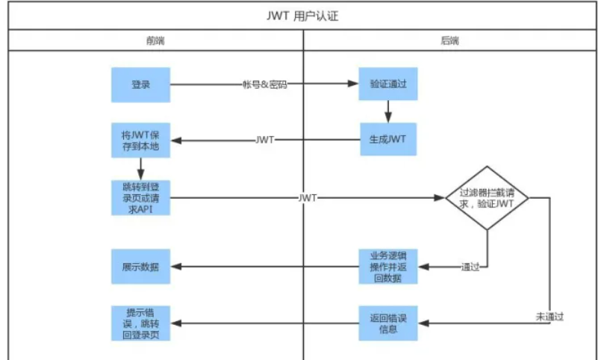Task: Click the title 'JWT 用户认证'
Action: pos(302,16)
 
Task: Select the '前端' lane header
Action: pos(155,40)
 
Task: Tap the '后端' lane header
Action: pos(450,40)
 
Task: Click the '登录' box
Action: pos(140,84)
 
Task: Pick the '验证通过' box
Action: pos(388,84)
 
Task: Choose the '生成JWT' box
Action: pos(388,139)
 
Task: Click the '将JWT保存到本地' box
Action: pos(140,140)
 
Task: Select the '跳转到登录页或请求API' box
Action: pos(140,197)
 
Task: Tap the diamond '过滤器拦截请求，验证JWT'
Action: pos(487,198)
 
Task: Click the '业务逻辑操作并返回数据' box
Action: pos(388,267)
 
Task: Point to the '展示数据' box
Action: pos(140,267)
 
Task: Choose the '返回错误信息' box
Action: pos(388,323)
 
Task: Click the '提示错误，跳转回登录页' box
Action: pos(140,323)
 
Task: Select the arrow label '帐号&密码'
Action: pos(264,84)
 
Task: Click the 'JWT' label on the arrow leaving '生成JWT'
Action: pos(265,140)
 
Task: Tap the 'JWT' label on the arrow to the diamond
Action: pos(308,198)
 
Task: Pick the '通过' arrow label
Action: pos(470,267)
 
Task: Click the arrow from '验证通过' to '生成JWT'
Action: pos(388,112)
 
